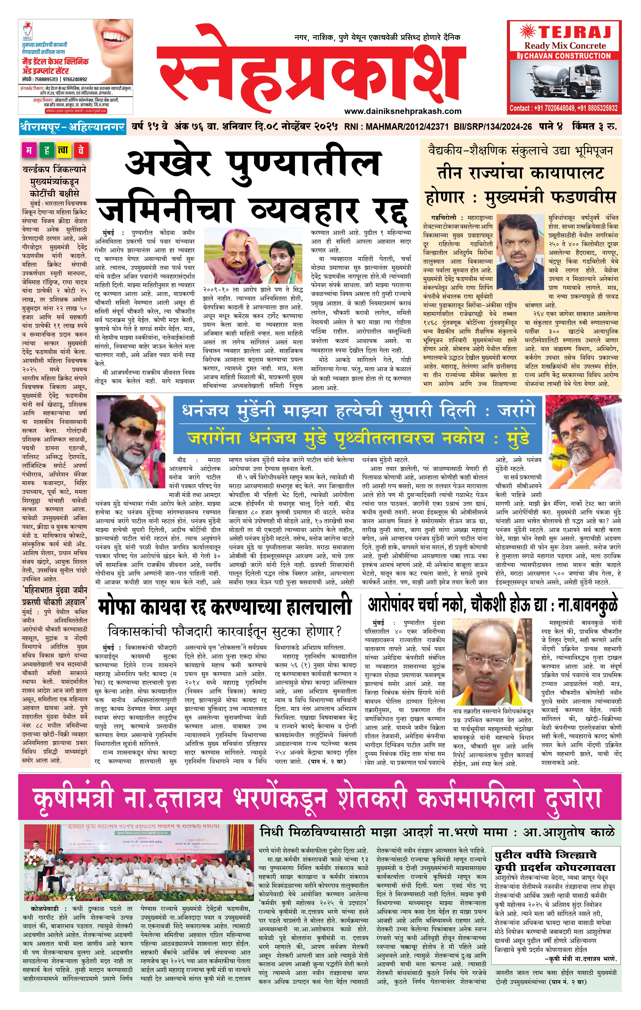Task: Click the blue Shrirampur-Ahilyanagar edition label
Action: coord(72,126)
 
